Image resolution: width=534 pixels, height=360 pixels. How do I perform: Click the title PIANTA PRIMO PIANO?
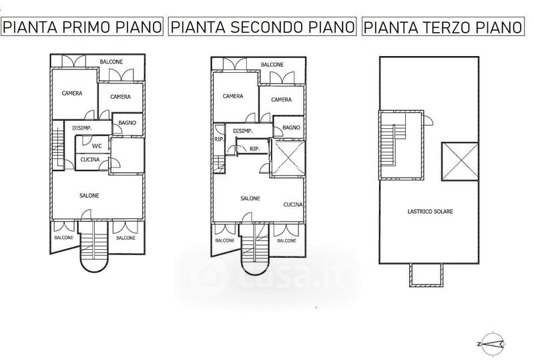pos(82,27)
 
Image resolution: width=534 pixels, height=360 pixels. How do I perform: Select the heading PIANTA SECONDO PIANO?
pos(262,27)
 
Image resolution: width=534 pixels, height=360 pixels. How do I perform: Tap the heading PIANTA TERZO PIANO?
pos(443,27)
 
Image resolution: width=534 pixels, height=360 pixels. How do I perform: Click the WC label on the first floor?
pos(97,146)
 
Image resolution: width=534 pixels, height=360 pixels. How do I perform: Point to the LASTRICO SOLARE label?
pos(430,211)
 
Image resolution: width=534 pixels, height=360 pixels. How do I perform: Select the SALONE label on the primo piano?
pos(89,195)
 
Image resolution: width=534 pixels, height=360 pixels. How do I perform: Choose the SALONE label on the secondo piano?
pos(250,198)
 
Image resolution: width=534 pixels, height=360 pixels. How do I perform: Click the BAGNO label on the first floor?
pos(127,123)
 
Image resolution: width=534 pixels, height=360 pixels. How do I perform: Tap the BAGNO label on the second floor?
pos(291,128)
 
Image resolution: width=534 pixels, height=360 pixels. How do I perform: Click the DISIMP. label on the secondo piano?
pos(243,131)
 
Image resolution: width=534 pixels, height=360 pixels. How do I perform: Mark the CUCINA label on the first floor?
pos(90,160)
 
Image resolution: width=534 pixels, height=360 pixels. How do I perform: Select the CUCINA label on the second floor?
pos(293,204)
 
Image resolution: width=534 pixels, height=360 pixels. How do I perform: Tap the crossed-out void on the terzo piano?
pos(460,161)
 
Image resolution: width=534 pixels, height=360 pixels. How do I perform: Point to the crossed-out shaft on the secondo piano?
pos(288,158)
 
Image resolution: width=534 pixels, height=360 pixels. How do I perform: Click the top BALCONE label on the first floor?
pos(111,61)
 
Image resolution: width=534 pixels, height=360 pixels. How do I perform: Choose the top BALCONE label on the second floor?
pos(272,64)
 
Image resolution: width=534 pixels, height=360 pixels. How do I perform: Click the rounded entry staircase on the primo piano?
pos(93,246)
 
